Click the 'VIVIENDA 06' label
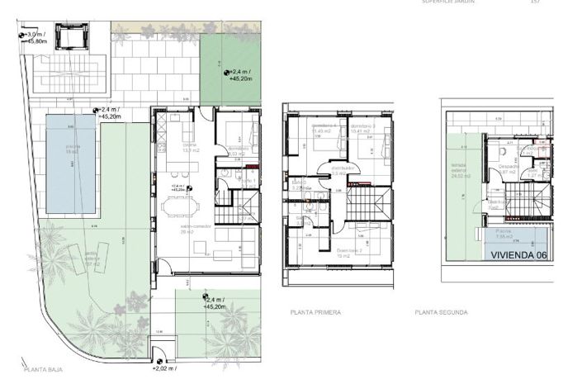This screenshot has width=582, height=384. pyautogui.click(x=518, y=256)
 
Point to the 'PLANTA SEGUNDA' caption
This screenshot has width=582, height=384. pyautogui.click(x=442, y=313)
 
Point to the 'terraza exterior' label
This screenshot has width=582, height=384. pyautogui.click(x=459, y=172)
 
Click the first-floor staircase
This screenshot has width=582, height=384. pyautogui.click(x=368, y=201)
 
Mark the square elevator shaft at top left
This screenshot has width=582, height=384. pyautogui.click(x=72, y=39)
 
